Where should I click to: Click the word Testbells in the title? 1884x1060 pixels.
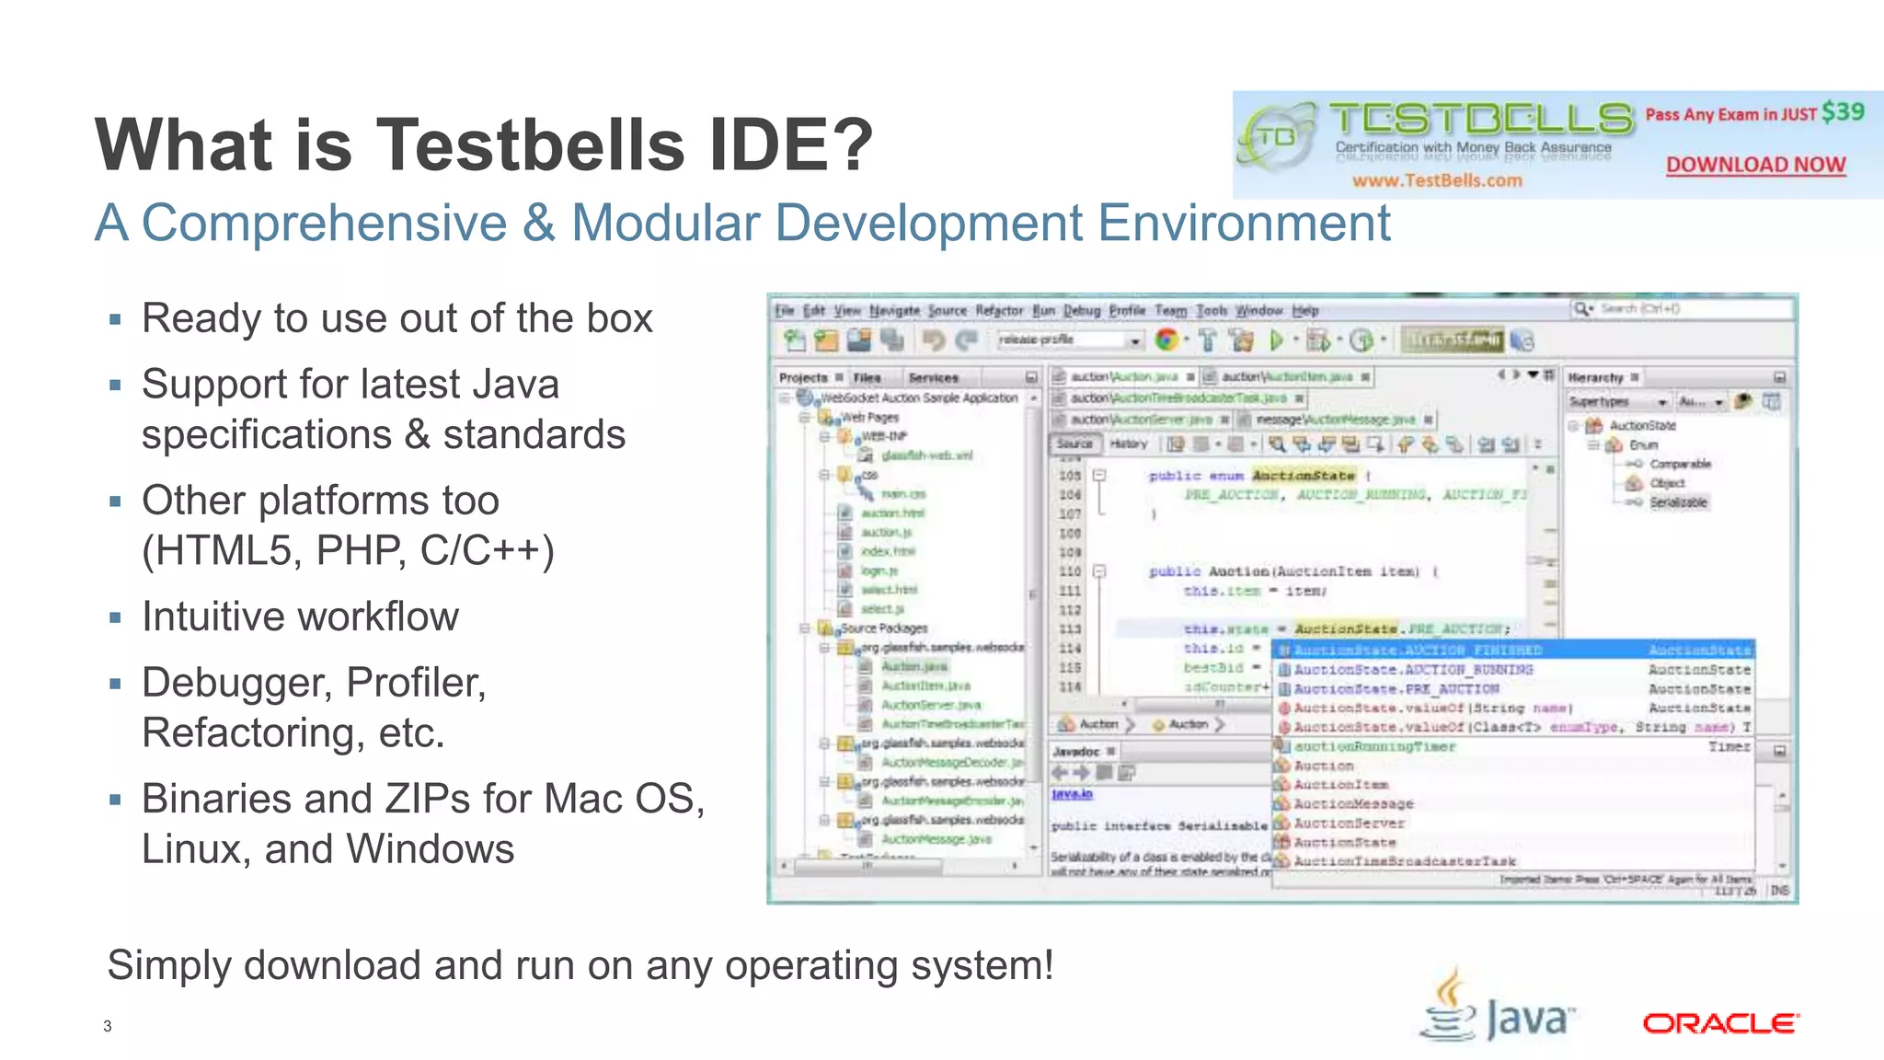point(531,144)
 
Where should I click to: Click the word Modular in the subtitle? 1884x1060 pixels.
point(665,224)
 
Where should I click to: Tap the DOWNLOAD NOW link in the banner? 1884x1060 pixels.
point(1755,165)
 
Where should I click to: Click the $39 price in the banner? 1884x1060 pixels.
point(1843,112)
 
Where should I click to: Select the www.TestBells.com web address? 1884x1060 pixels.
point(1437,180)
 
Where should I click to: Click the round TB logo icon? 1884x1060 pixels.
point(1277,138)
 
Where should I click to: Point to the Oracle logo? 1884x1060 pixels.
point(1720,1023)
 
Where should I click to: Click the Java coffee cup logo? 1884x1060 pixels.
point(1449,1007)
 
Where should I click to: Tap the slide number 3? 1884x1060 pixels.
point(108,1026)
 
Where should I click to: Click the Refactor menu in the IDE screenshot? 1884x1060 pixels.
point(999,311)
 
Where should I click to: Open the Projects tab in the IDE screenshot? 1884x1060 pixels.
point(803,378)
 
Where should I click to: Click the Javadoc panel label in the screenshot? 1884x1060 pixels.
point(1076,752)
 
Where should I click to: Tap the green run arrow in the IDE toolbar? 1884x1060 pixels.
point(1276,341)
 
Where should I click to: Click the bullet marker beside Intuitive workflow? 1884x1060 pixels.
point(115,618)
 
